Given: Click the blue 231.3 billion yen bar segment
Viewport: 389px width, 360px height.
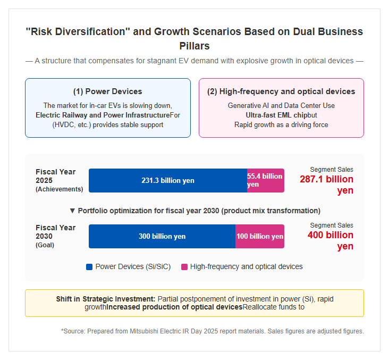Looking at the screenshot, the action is click(168, 180).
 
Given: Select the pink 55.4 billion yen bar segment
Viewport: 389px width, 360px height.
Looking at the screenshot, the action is click(266, 180).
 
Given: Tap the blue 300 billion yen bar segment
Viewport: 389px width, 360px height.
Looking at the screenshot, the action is click(162, 236).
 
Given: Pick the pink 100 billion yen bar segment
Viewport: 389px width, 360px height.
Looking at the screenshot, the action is click(260, 236).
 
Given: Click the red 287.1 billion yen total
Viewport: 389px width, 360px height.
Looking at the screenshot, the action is click(326, 185).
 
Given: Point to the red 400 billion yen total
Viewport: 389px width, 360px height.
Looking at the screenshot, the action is click(331, 240).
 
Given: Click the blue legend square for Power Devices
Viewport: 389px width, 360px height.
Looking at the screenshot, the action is click(89, 267).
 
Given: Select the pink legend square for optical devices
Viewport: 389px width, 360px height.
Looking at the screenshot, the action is click(184, 267).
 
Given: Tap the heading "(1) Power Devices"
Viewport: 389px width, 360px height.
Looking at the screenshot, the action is click(108, 91).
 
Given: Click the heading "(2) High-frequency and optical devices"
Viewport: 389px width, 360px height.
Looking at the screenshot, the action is click(281, 91).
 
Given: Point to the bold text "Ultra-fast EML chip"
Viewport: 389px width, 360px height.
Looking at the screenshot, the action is click(275, 115).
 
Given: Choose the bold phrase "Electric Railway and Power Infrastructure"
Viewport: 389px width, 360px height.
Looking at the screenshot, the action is click(103, 115).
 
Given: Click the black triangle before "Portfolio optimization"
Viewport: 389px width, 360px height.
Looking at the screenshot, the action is click(72, 211).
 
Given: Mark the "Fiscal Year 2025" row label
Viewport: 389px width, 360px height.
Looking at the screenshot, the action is click(56, 176).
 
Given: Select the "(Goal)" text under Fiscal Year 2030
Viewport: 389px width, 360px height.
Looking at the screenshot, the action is click(45, 245).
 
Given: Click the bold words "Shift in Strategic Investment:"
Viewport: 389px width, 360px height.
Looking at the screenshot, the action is click(106, 299).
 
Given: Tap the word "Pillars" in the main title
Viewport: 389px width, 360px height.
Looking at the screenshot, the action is click(194, 46).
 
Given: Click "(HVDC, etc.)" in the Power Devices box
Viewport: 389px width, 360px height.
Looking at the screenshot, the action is click(72, 124).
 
